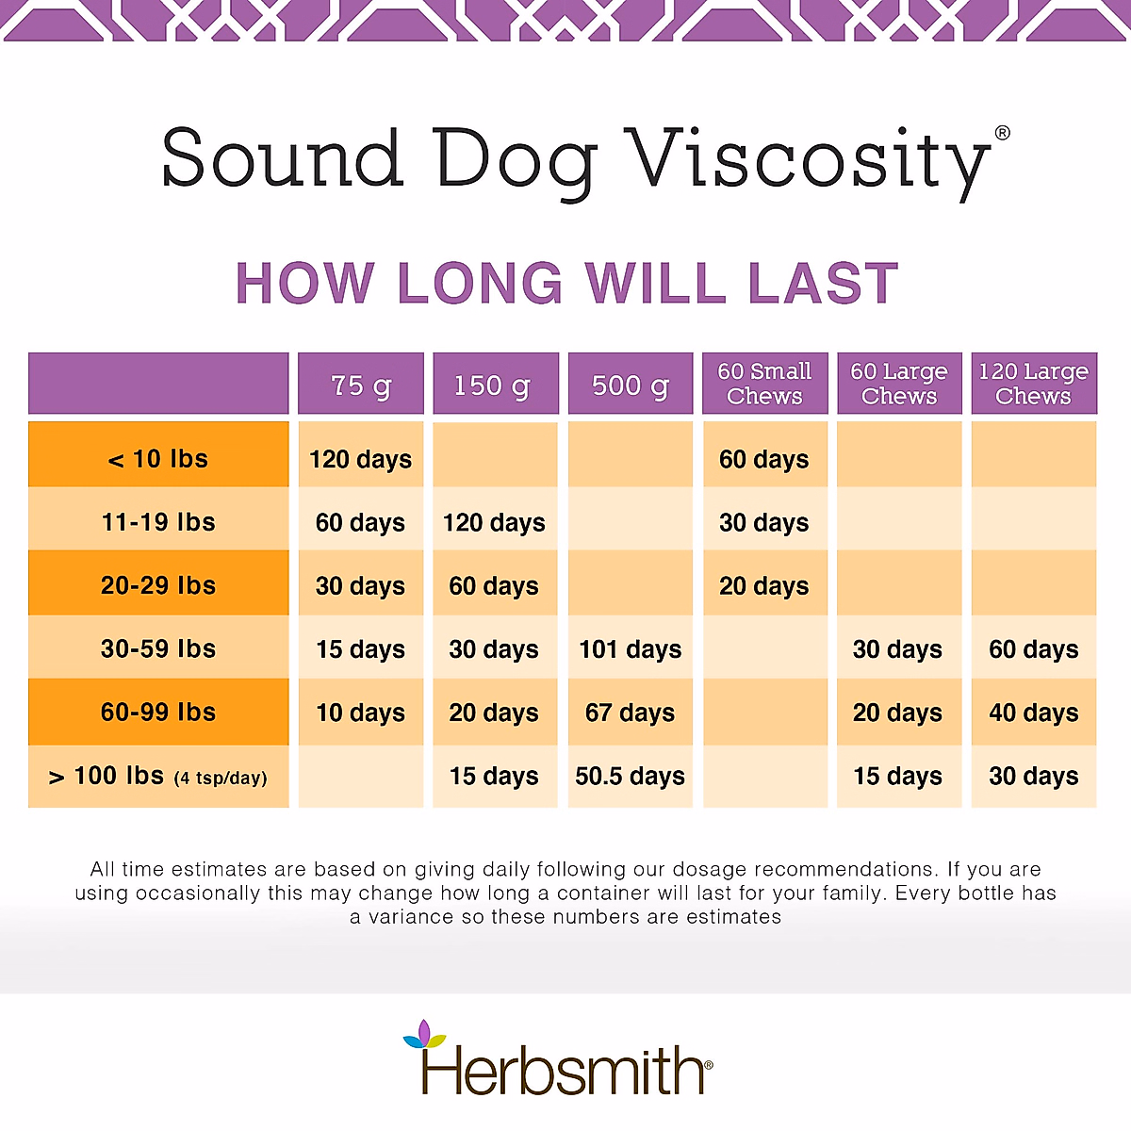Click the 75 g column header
point(361,385)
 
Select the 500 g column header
point(630,385)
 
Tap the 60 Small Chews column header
point(764,384)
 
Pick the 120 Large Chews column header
point(1033,384)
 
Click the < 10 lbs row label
point(158,459)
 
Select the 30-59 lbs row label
point(158,648)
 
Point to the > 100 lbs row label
point(158,777)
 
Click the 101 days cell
point(630,649)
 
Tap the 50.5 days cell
point(630,777)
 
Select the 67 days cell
point(630,713)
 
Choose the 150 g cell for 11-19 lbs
point(495,522)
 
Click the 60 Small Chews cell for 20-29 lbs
point(764,586)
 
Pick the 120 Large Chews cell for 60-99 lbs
point(1033,713)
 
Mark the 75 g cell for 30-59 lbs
point(361,649)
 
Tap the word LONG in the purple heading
point(480,284)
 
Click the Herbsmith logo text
point(563,1073)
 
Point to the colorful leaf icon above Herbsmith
point(424,1035)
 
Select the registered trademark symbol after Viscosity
point(1002,133)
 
